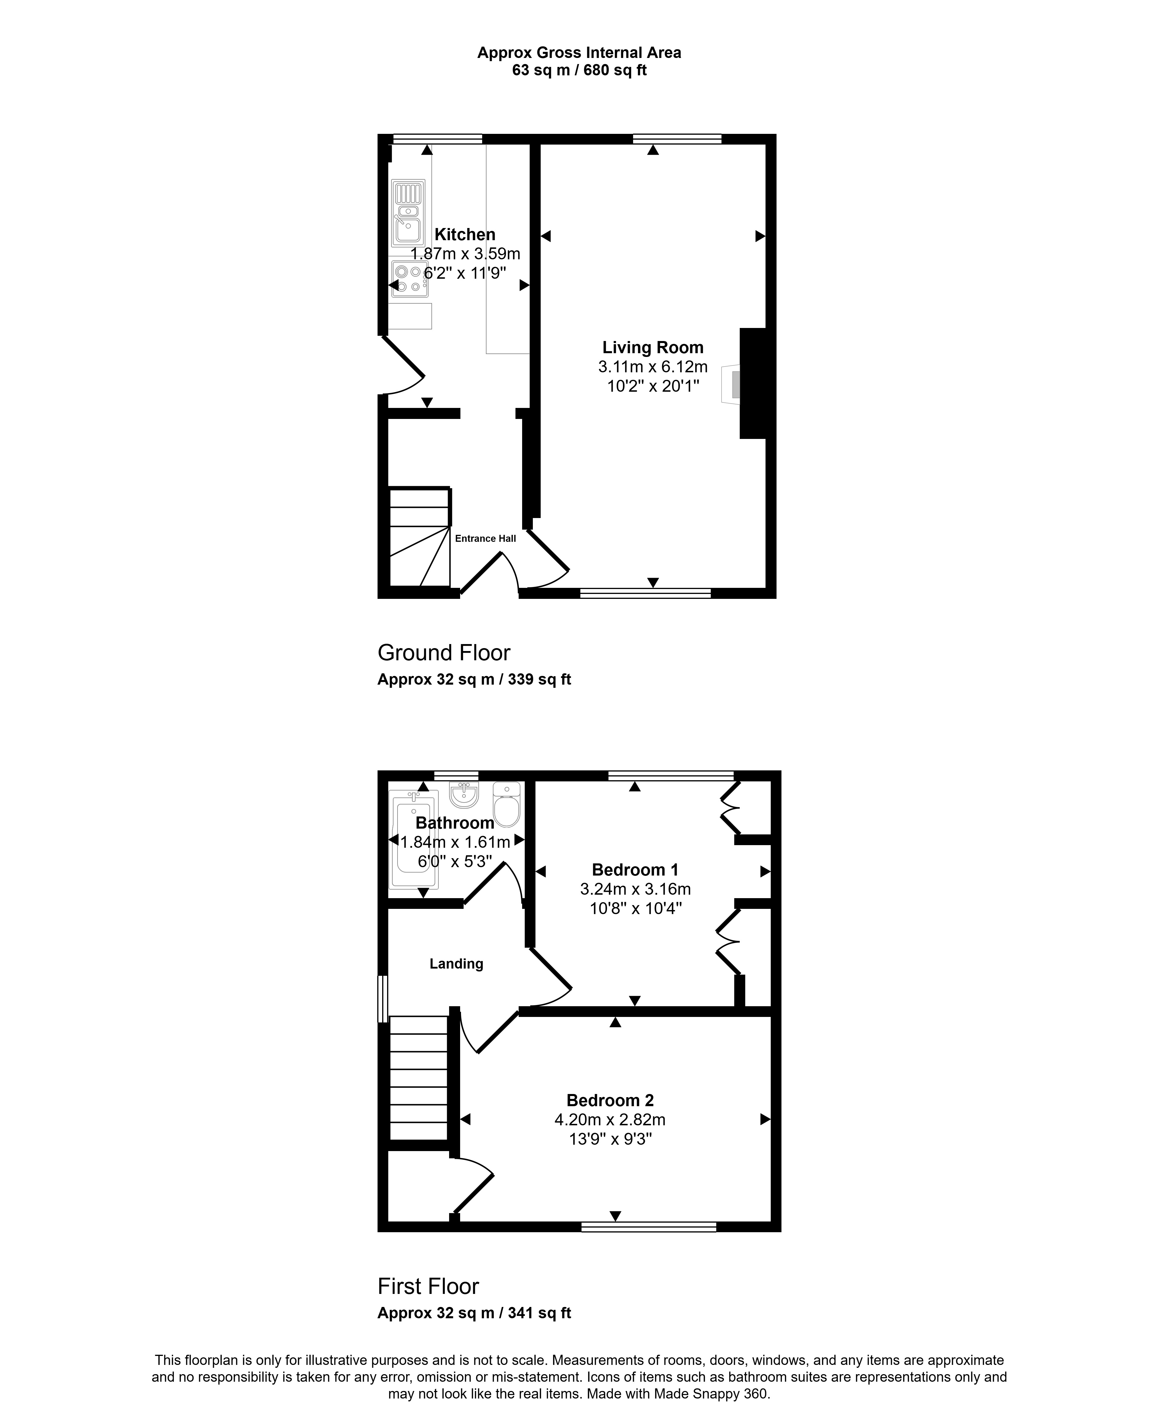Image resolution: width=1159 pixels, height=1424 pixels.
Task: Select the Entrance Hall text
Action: coord(485,539)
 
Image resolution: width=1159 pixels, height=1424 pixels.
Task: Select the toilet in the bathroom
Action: coord(507,805)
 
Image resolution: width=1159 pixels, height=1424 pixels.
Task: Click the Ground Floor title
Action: coord(444,652)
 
